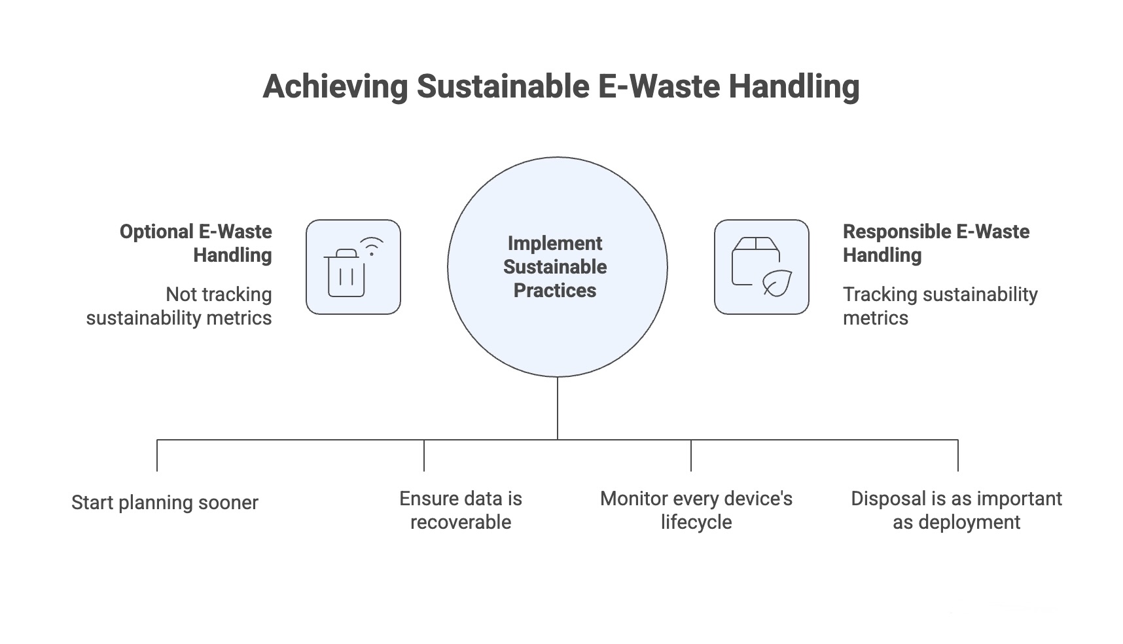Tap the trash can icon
pos(346,274)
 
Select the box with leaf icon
pos(761,267)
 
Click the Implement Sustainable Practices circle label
pos(555,267)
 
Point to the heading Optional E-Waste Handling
pos(196,243)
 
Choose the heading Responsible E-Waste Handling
pos(936,243)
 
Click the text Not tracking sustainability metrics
pos(179,306)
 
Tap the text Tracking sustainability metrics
pos(940,306)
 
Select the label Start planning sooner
pos(165,503)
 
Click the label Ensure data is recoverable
pos(461,510)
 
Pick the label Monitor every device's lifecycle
pos(696,510)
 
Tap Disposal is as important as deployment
pos(956,510)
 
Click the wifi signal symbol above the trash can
pos(372,246)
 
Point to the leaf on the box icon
pos(777,283)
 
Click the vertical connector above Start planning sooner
pos(157,456)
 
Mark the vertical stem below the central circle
pos(558,408)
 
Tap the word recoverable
pos(461,522)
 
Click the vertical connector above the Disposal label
pos(958,456)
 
